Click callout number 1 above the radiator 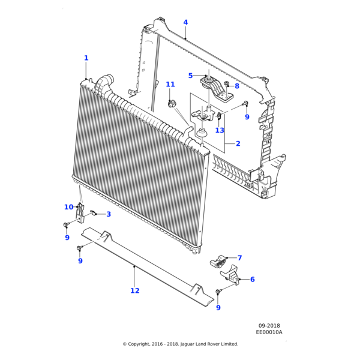[86, 58]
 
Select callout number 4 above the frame [185, 23]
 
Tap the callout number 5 [190, 76]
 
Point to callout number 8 [237, 86]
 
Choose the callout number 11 [170, 85]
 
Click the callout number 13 [220, 130]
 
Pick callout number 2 [238, 143]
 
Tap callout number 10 [69, 207]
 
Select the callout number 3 [109, 214]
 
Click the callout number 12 [134, 290]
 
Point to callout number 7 [239, 258]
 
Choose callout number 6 [252, 280]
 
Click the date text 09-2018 [269, 326]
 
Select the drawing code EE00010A [269, 332]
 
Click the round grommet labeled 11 [173, 104]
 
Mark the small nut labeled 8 [226, 83]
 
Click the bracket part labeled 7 [218, 260]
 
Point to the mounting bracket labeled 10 [79, 212]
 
